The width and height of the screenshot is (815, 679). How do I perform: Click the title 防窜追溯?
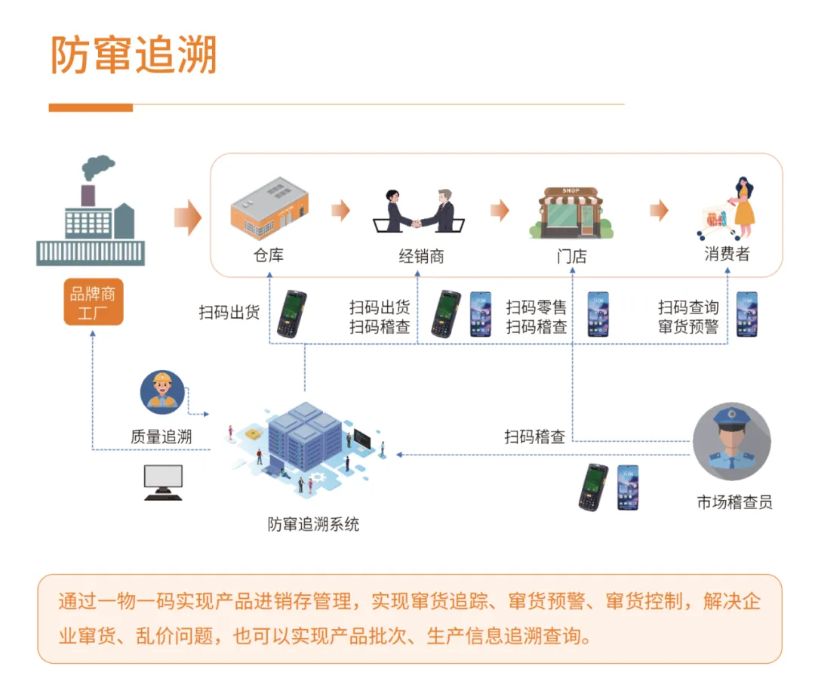[134, 55]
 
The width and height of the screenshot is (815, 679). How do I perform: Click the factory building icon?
[91, 215]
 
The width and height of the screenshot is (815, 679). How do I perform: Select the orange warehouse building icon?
[269, 205]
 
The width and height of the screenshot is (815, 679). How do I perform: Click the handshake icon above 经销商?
[418, 211]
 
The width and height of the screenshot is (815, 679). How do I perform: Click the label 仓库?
[269, 255]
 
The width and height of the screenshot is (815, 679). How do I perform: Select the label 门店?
[571, 256]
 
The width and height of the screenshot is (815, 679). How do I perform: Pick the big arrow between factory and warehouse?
[187, 218]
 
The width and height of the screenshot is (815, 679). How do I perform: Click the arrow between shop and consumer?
[660, 211]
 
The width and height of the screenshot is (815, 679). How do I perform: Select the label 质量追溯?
[161, 437]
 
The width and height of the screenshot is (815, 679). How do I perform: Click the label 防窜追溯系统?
[313, 523]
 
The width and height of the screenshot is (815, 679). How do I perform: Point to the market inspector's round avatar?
[731, 441]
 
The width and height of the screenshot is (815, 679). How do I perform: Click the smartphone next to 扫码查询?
[746, 313]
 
